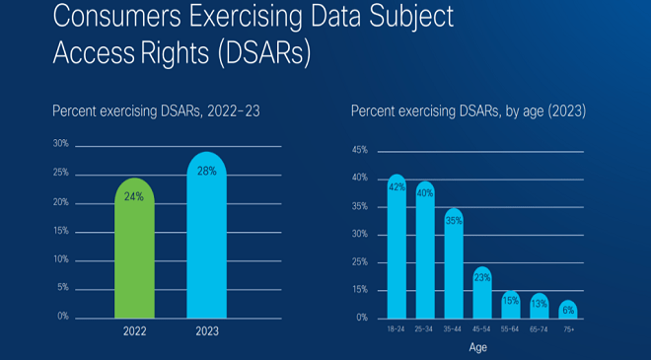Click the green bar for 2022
[x=134, y=249]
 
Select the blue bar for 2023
[x=207, y=235]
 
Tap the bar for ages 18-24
[x=397, y=247]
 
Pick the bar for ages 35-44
[x=454, y=263]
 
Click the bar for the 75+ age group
[x=568, y=310]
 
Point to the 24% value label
[x=134, y=196]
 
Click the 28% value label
[x=207, y=171]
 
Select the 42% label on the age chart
[x=397, y=187]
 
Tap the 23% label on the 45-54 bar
[x=482, y=278]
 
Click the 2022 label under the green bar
[x=134, y=331]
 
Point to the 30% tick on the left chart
[x=60, y=144]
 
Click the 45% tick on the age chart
[x=360, y=150]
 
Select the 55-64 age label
[x=510, y=329]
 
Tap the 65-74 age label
[x=539, y=329]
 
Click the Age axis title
[x=477, y=347]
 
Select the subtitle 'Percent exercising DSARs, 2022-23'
[x=156, y=111]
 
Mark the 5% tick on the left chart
[x=63, y=287]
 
